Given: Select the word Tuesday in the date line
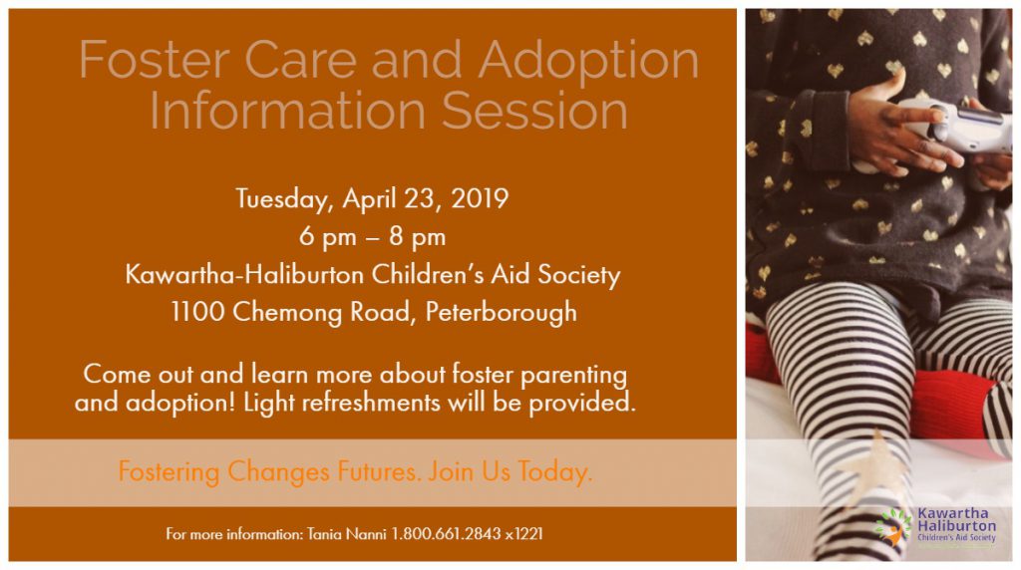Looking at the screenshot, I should click(x=284, y=198).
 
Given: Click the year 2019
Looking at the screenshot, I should click(x=480, y=198).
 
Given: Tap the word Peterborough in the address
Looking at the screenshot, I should click(x=501, y=312).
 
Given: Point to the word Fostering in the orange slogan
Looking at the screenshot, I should click(x=169, y=471).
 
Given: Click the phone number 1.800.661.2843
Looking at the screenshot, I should click(x=446, y=534).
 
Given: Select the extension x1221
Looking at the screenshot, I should click(x=524, y=534).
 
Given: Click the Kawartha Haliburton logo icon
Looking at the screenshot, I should click(x=892, y=524).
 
